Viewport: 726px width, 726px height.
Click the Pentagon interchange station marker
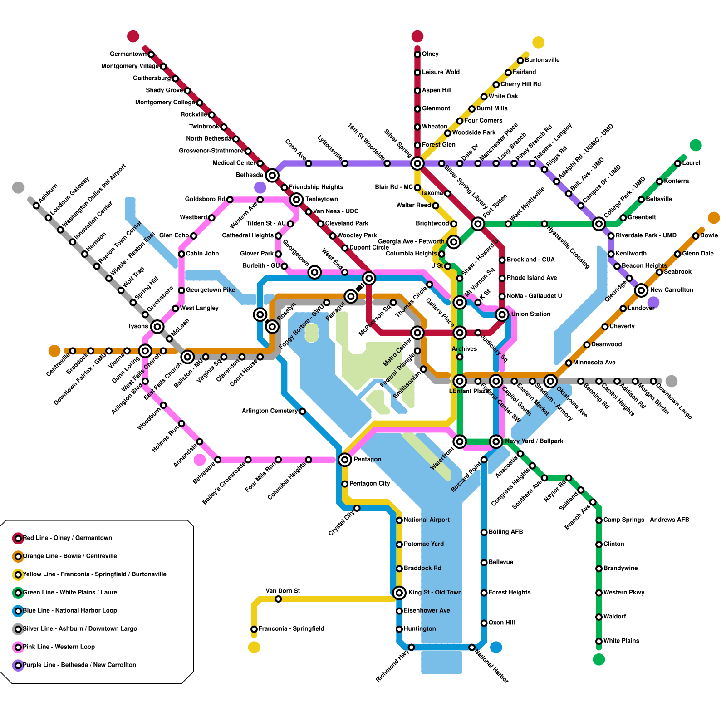tap(345, 460)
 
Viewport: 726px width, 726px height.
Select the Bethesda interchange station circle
tap(272, 175)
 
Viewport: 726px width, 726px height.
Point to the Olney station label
tap(430, 54)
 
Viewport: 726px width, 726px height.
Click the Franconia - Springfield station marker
tap(254, 629)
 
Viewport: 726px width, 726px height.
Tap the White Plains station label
tap(621, 641)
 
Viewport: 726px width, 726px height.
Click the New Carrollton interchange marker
tap(641, 290)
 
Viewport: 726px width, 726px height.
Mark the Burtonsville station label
tap(542, 60)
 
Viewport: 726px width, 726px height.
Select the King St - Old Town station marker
tap(399, 593)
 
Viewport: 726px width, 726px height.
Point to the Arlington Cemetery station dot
tap(303, 411)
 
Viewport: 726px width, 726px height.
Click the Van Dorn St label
tap(282, 591)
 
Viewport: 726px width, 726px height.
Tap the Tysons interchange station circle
tap(157, 326)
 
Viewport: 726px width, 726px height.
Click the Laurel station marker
tap(677, 163)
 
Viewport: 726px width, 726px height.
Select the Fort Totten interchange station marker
tap(478, 223)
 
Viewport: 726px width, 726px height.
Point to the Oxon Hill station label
tap(501, 623)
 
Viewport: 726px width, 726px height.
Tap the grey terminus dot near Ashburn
tap(18, 187)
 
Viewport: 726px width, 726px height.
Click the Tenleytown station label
tap(322, 199)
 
